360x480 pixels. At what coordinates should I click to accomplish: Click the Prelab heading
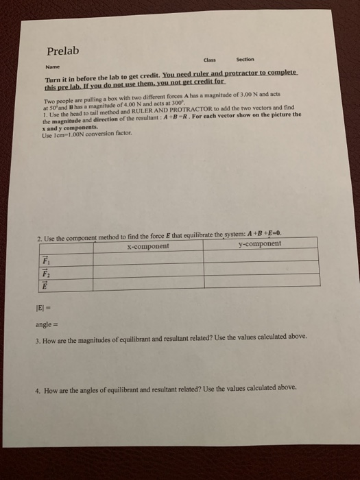[63, 51]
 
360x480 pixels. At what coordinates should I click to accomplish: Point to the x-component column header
[148, 245]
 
